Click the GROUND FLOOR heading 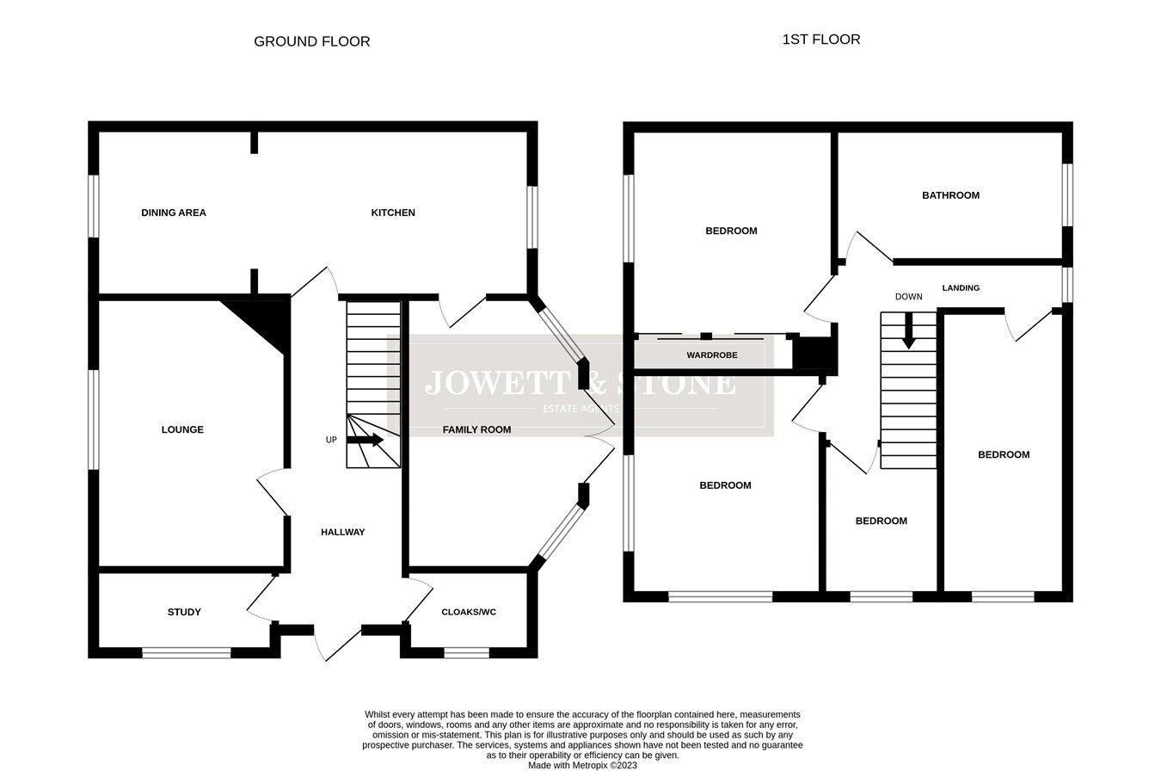pyautogui.click(x=311, y=41)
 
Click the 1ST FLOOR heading pyautogui.click(x=820, y=40)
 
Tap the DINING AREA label pyautogui.click(x=174, y=213)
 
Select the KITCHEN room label pyautogui.click(x=393, y=213)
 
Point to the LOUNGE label pyautogui.click(x=182, y=429)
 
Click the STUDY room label pyautogui.click(x=184, y=612)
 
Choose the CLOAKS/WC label pyautogui.click(x=468, y=612)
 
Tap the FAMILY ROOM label pyautogui.click(x=476, y=429)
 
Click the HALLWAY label pyautogui.click(x=342, y=532)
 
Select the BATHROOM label pyautogui.click(x=950, y=195)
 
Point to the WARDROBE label pyautogui.click(x=712, y=355)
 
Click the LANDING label pyautogui.click(x=961, y=287)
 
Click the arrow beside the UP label pyautogui.click(x=365, y=440)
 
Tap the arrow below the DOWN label pyautogui.click(x=908, y=330)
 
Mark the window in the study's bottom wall pyautogui.click(x=187, y=653)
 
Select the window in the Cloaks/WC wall pyautogui.click(x=466, y=653)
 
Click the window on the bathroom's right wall pyautogui.click(x=1067, y=194)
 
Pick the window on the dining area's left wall pyautogui.click(x=94, y=207)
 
